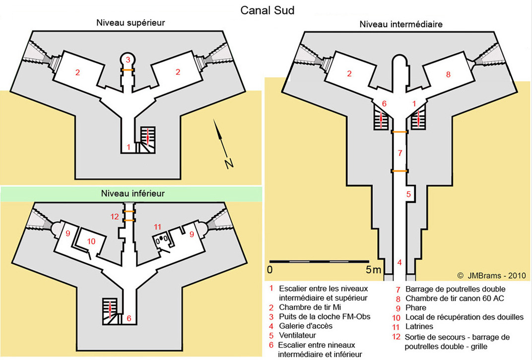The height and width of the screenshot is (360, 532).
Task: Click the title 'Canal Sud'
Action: coord(267,10)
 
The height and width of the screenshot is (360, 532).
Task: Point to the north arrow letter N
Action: coord(229,164)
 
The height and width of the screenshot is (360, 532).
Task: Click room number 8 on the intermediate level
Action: coord(448,74)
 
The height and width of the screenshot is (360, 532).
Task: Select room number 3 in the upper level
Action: coord(128,60)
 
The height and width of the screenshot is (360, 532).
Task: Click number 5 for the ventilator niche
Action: coord(409,194)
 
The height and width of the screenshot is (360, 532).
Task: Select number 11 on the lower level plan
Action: coord(158,227)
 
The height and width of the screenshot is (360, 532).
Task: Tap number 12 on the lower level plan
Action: coord(115,216)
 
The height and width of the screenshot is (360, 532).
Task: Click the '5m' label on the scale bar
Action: coord(373,270)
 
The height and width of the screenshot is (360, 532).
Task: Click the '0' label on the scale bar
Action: coord(269,270)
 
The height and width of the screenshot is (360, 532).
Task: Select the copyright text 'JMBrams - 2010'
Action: coord(496,276)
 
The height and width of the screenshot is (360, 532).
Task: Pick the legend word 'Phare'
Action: coord(416,307)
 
